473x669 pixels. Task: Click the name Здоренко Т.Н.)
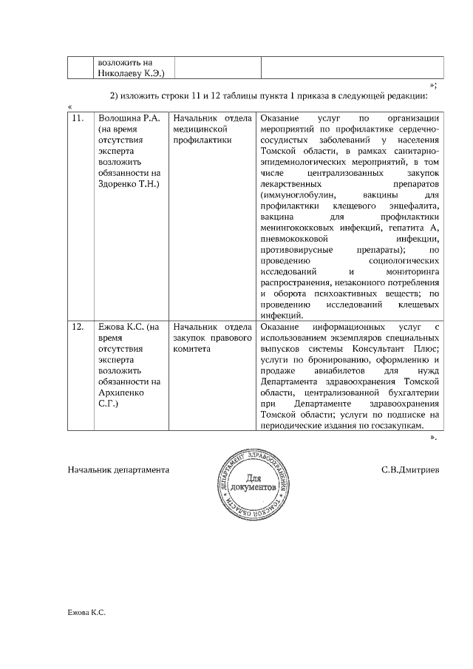pyautogui.click(x=128, y=182)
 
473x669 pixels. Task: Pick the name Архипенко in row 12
pyautogui.click(x=130, y=393)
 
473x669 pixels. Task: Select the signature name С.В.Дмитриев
pyautogui.click(x=409, y=469)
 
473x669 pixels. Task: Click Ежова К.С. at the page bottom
pyautogui.click(x=86, y=613)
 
